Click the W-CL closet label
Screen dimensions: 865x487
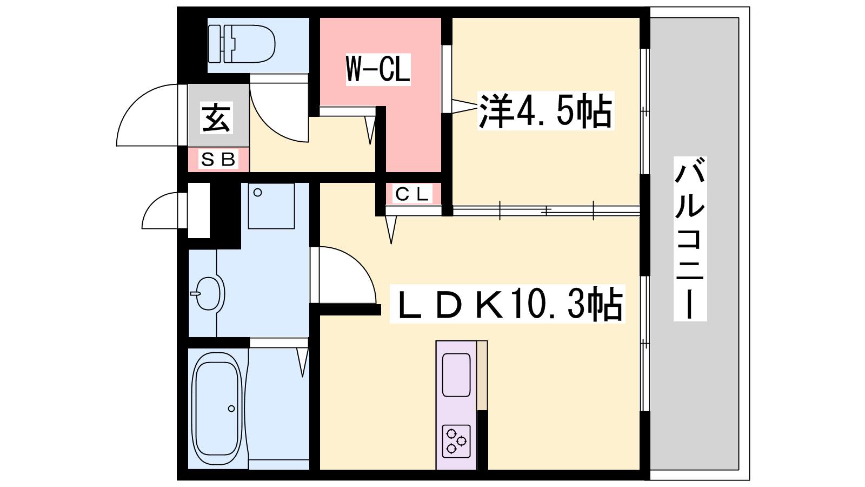(378, 69)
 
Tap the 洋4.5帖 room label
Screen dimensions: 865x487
(545, 110)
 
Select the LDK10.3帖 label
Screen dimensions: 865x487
(507, 304)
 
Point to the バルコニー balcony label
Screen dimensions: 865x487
(690, 239)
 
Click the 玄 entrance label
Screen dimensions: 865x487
(216, 118)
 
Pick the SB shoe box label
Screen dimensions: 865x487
(218, 159)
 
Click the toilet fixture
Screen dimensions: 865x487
(241, 44)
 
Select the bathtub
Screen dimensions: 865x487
(217, 410)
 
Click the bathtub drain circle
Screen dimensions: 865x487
(231, 409)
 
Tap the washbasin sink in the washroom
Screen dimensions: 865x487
(209, 293)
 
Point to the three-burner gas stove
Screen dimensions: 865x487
(456, 442)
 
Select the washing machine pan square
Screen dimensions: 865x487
(271, 206)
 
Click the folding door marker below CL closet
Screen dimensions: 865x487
(391, 229)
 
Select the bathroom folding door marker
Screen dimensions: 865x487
(303, 362)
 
